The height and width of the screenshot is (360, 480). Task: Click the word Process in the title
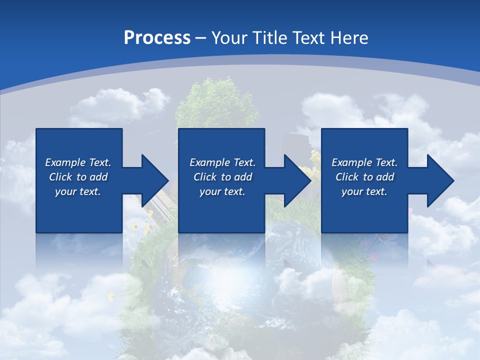pyautogui.click(x=157, y=38)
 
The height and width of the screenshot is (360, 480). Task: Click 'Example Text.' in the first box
pyautogui.click(x=78, y=162)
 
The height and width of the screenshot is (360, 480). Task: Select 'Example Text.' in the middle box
pyautogui.click(x=222, y=162)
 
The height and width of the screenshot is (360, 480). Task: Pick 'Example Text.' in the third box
pyautogui.click(x=364, y=162)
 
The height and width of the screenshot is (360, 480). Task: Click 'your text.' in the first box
pyautogui.click(x=78, y=191)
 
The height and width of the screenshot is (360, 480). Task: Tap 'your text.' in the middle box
pyautogui.click(x=222, y=191)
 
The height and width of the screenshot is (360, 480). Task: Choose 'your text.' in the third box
pyautogui.click(x=364, y=191)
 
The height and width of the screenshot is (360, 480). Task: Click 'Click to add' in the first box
pyautogui.click(x=78, y=177)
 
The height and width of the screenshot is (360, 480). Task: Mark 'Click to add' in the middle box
pyautogui.click(x=222, y=177)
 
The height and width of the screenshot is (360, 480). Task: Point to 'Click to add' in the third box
pyautogui.click(x=364, y=177)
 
